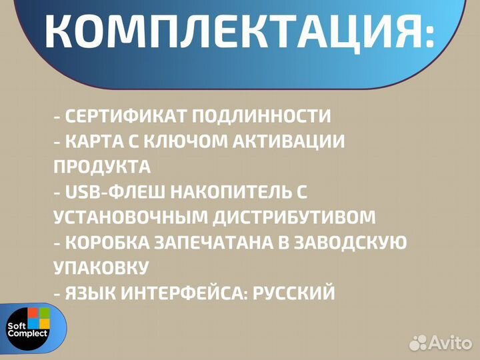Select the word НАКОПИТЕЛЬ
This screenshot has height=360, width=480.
point(231,192)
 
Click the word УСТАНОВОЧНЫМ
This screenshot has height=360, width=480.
point(131,217)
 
